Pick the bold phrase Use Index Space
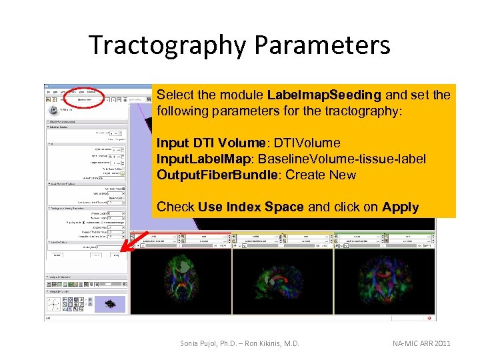click(x=251, y=207)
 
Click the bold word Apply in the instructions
click(x=400, y=207)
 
